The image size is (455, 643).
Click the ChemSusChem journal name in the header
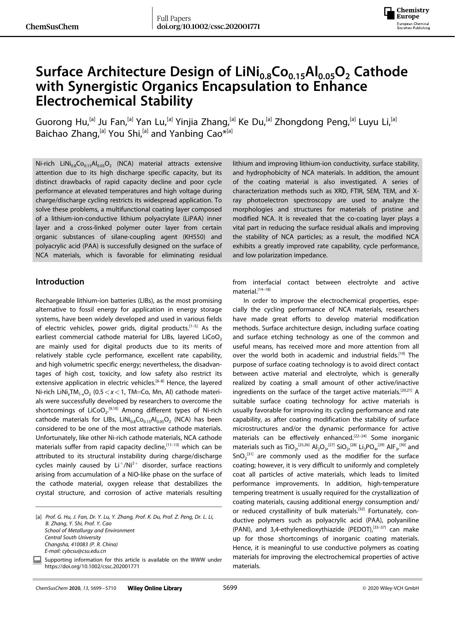pos(52,27)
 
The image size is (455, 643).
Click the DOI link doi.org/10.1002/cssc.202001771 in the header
pos(208,26)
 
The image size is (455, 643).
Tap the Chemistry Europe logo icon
pos(389,14)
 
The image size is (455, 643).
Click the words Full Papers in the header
pos(174,18)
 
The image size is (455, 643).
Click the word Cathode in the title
pos(381,71)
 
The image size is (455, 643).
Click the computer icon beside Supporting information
pos(37,560)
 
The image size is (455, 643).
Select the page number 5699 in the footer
pos(230,588)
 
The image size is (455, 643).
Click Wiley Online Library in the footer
pos(155,588)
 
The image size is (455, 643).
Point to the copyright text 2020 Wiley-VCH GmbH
pos(393,588)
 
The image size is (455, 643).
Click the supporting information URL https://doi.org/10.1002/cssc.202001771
pos(92,566)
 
